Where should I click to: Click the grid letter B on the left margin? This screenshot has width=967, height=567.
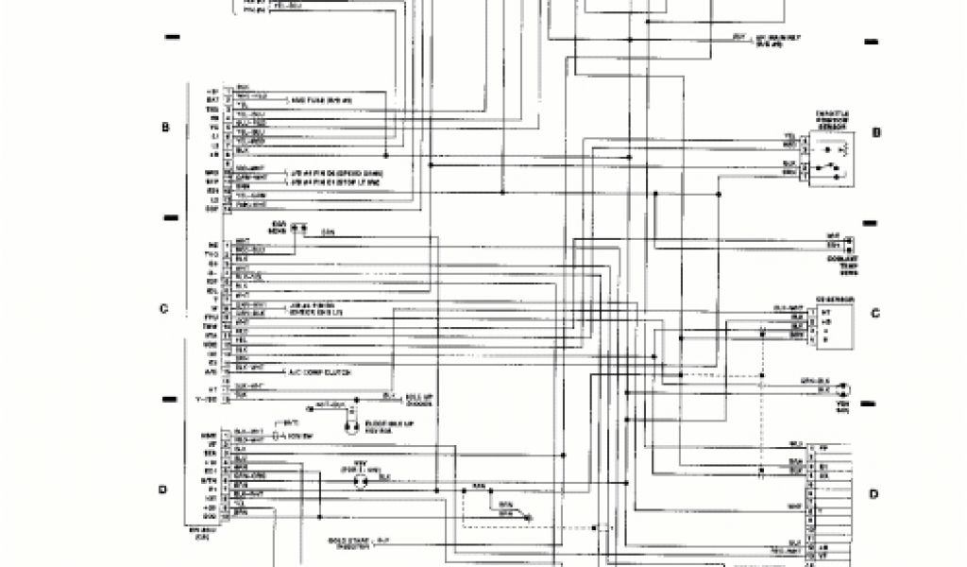[165, 128]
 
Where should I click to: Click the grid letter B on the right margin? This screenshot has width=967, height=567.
[875, 133]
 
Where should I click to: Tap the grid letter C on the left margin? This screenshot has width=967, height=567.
[163, 309]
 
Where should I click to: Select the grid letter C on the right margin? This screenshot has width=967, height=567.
[874, 314]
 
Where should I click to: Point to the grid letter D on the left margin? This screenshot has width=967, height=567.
[162, 489]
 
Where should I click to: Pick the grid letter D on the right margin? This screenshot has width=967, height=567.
[874, 493]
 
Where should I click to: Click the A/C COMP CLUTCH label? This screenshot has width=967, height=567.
[321, 373]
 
